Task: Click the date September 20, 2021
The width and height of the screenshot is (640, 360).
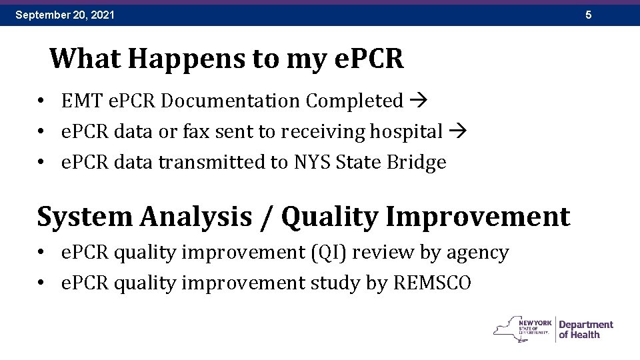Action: tap(65, 14)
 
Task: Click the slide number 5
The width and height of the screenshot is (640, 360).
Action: tap(588, 14)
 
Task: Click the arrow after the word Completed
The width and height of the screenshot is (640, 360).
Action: tap(419, 101)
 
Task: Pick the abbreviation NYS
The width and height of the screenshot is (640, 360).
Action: tap(312, 163)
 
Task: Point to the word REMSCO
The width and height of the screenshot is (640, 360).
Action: tap(431, 283)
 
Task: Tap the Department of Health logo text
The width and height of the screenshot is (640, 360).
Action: tap(585, 329)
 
